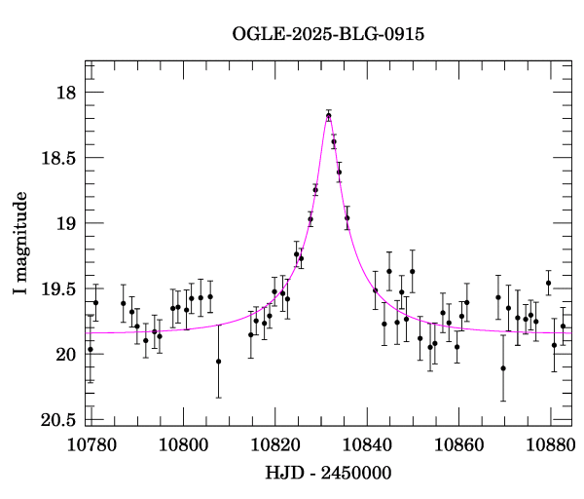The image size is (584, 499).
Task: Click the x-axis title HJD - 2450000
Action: [x=327, y=474]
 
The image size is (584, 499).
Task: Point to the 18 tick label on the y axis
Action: [x=63, y=93]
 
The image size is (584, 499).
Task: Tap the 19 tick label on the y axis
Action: [x=63, y=223]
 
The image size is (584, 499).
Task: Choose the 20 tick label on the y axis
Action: [x=63, y=354]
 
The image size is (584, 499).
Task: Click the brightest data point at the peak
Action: [x=329, y=116]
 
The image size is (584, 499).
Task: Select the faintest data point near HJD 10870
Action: [x=503, y=368]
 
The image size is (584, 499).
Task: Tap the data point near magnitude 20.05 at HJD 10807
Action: [x=218, y=362]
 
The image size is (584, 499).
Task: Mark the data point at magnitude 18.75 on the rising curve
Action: [x=315, y=189]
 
